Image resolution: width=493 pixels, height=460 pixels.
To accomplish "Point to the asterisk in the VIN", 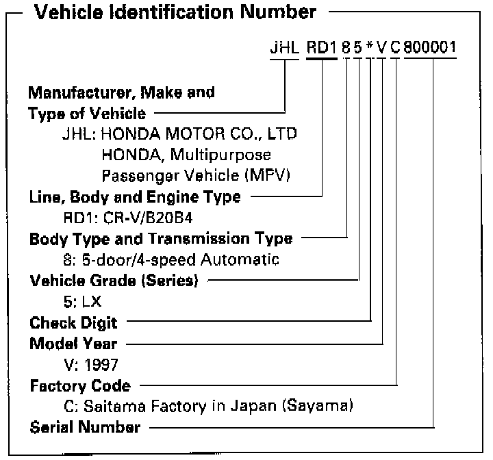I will (370, 50).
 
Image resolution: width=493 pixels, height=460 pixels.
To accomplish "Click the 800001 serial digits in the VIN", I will (431, 50).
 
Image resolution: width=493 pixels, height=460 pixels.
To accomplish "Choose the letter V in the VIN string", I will (381, 50).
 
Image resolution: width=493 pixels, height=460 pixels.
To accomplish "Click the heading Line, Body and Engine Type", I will (135, 197).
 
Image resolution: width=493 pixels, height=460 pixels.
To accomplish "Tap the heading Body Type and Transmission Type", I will (161, 239).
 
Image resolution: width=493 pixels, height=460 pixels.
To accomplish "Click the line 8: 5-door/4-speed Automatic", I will (169, 259).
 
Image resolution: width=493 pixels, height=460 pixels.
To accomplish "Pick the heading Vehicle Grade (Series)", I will (114, 280).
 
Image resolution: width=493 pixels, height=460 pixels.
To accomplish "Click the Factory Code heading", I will (80, 385).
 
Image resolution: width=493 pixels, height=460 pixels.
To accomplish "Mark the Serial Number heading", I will (86, 428).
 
